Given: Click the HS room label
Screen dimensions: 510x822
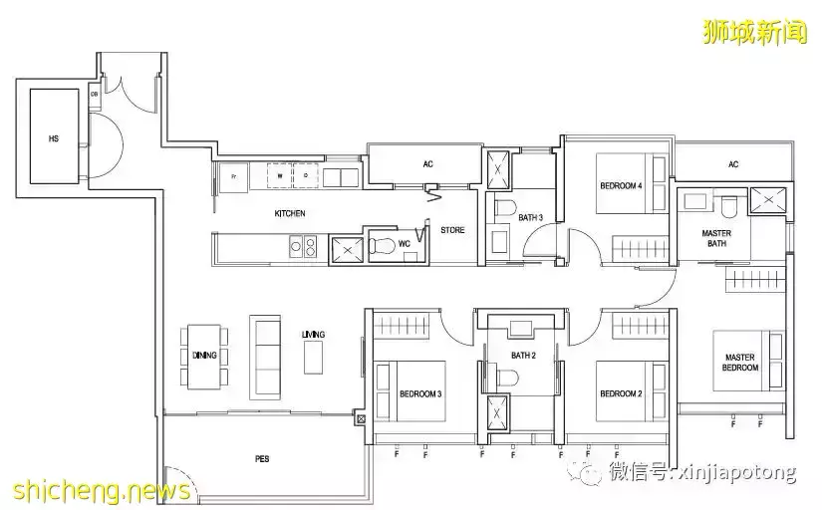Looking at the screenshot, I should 53,139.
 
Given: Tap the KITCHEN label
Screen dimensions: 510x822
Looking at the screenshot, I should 290,214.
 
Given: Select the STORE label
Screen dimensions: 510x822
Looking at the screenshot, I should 452,230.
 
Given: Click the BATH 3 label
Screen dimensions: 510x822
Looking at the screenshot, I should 531,217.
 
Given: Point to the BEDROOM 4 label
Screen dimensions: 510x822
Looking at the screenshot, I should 621,186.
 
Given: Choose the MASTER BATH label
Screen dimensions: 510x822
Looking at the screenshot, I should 715,238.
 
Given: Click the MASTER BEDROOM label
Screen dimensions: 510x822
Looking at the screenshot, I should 739,363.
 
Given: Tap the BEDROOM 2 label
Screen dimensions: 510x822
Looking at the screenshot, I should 621,393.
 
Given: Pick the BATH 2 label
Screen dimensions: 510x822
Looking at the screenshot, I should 524,356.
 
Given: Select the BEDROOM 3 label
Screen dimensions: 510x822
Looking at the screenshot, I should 420,393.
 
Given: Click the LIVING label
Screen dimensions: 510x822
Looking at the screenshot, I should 313,335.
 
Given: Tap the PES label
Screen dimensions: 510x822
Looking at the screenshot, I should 262,459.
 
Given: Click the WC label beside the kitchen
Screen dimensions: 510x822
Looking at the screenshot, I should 404,243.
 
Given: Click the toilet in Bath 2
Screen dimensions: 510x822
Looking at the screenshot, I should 510,380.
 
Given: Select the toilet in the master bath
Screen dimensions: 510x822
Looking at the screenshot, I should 730,205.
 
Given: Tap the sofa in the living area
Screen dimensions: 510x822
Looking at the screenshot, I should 267,357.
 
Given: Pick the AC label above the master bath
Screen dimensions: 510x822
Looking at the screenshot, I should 733,164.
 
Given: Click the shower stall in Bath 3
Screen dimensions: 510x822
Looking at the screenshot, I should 498,169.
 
